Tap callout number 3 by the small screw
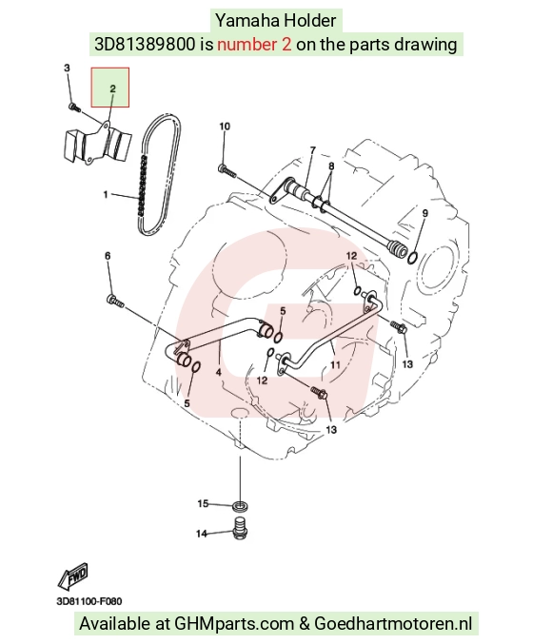67,68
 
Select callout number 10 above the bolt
225,127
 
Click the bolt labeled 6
115,301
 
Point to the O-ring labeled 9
413,259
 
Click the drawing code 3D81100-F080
89,601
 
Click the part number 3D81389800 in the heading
145,44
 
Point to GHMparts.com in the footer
234,623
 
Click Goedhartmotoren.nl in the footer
393,623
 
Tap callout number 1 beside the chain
106,194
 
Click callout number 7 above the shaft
313,150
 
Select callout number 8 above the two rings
331,166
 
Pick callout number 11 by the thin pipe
335,364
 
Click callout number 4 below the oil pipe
218,372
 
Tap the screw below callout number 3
74,107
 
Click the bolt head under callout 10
222,167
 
